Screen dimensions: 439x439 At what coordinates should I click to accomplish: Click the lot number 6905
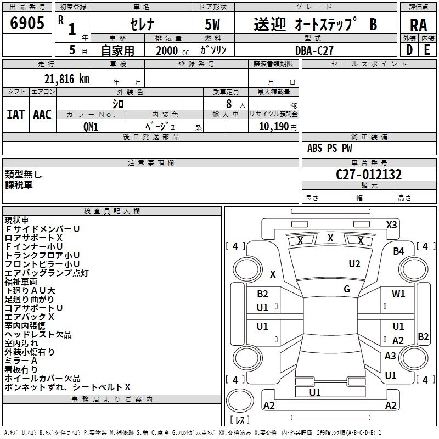coord(27,24)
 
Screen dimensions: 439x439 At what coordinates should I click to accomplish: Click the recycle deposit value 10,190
coord(273,126)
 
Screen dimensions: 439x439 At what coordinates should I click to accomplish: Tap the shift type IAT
coord(16,114)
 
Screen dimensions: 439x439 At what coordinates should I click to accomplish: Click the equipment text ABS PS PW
coord(330,148)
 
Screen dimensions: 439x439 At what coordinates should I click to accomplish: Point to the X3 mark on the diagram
coord(391,224)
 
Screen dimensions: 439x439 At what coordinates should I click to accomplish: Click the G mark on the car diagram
coord(347,289)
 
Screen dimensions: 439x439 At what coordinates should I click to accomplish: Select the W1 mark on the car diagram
coord(398,294)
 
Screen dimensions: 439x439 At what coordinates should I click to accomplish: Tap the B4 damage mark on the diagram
coord(398,251)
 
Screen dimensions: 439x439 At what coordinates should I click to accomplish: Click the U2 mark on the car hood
coord(354,264)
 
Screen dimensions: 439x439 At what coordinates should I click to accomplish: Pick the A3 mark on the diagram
coord(390,356)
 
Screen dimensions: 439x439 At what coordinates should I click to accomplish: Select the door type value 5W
coord(213,25)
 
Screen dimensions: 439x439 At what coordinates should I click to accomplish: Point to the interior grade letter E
coord(426,50)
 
